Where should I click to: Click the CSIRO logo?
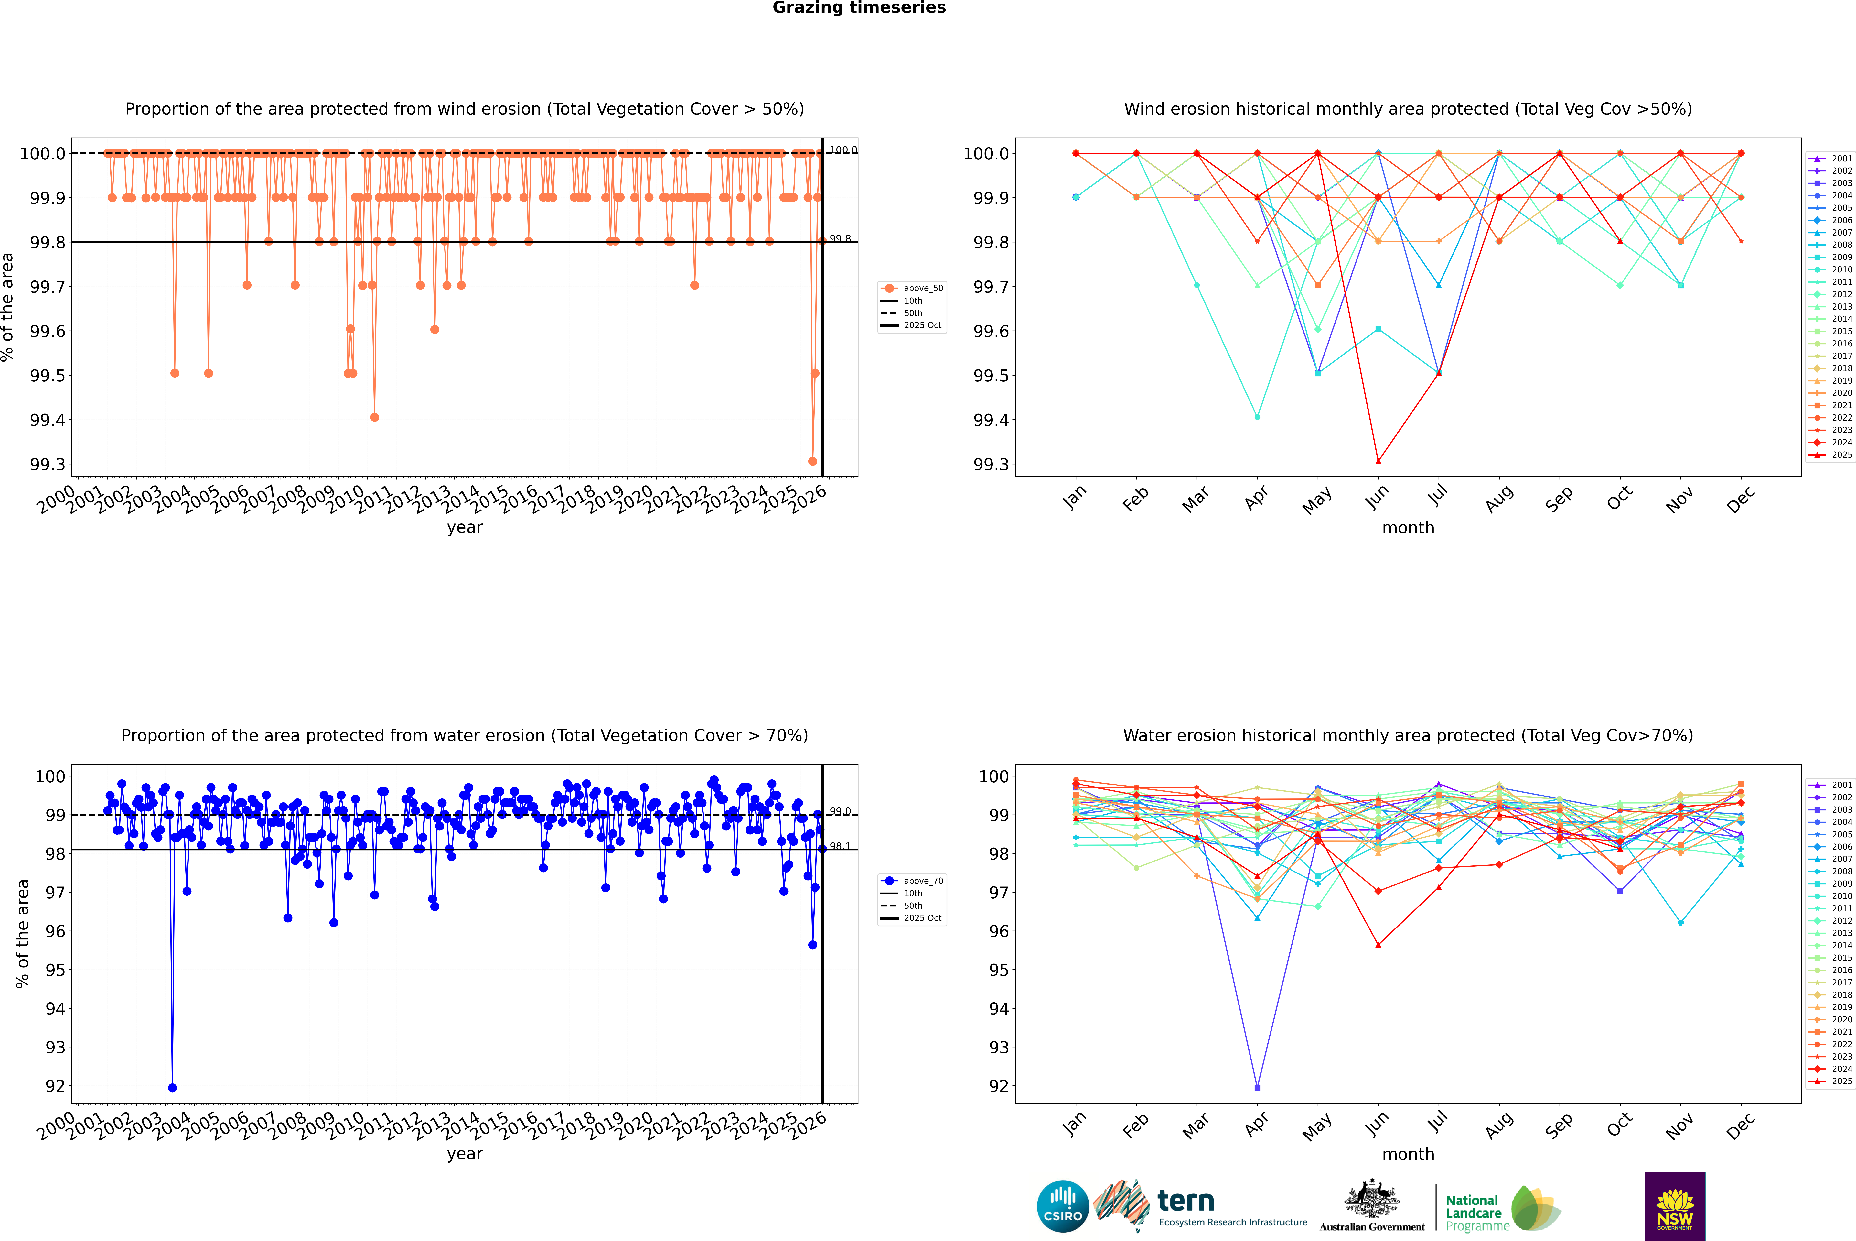[x=1063, y=1206]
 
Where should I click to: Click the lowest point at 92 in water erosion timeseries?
[x=172, y=1087]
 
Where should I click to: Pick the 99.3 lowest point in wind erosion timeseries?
[x=812, y=461]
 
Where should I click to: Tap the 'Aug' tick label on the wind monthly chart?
[x=1499, y=499]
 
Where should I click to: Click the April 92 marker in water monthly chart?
[x=1257, y=1087]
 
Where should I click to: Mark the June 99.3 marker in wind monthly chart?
[x=1378, y=461]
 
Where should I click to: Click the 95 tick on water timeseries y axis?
[x=55, y=970]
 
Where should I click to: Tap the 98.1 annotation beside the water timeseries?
[x=839, y=846]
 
